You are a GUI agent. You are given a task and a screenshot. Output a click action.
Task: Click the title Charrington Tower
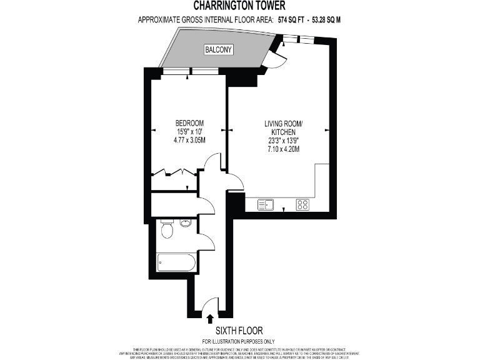tap(239, 6)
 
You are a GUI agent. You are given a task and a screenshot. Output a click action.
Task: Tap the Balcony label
tap(217, 49)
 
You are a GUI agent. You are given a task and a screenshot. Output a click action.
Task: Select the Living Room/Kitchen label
tap(283, 128)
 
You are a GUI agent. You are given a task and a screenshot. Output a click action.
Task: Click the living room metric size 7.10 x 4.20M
tap(283, 149)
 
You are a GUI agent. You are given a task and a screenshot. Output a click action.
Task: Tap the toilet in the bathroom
tap(166, 231)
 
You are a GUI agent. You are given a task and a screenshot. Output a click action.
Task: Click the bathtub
tap(177, 262)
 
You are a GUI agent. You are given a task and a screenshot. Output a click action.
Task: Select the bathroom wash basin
tap(185, 222)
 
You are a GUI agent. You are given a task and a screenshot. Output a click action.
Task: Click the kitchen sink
tap(266, 204)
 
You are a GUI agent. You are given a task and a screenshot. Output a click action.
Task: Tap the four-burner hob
tap(302, 204)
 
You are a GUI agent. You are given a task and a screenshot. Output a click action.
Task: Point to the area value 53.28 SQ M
tap(329, 20)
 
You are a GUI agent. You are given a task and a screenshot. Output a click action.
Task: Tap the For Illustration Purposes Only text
tap(239, 341)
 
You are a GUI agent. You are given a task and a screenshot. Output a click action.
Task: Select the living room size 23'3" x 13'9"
tap(283, 141)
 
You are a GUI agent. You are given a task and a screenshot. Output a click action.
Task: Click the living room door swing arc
tap(234, 181)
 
